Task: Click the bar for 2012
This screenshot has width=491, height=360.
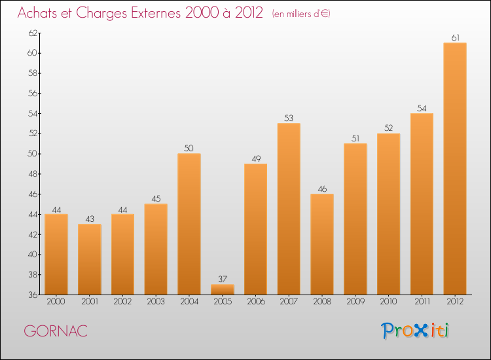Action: [454, 168]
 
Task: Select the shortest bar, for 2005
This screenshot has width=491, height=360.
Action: [223, 289]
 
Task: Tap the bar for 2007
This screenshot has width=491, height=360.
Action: [289, 209]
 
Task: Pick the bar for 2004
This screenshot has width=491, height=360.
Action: [189, 224]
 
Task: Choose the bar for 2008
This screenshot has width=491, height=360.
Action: [321, 244]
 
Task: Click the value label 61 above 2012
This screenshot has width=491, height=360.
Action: [454, 37]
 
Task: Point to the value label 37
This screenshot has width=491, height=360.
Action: [223, 279]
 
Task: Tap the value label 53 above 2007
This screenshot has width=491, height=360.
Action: [289, 118]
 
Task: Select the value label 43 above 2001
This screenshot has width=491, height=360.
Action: [90, 219]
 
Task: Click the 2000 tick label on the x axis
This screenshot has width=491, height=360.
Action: [56, 302]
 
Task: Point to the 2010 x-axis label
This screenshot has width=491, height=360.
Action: [388, 302]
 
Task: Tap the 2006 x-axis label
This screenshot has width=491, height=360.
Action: [255, 302]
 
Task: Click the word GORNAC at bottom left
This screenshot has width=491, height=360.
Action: [56, 331]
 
